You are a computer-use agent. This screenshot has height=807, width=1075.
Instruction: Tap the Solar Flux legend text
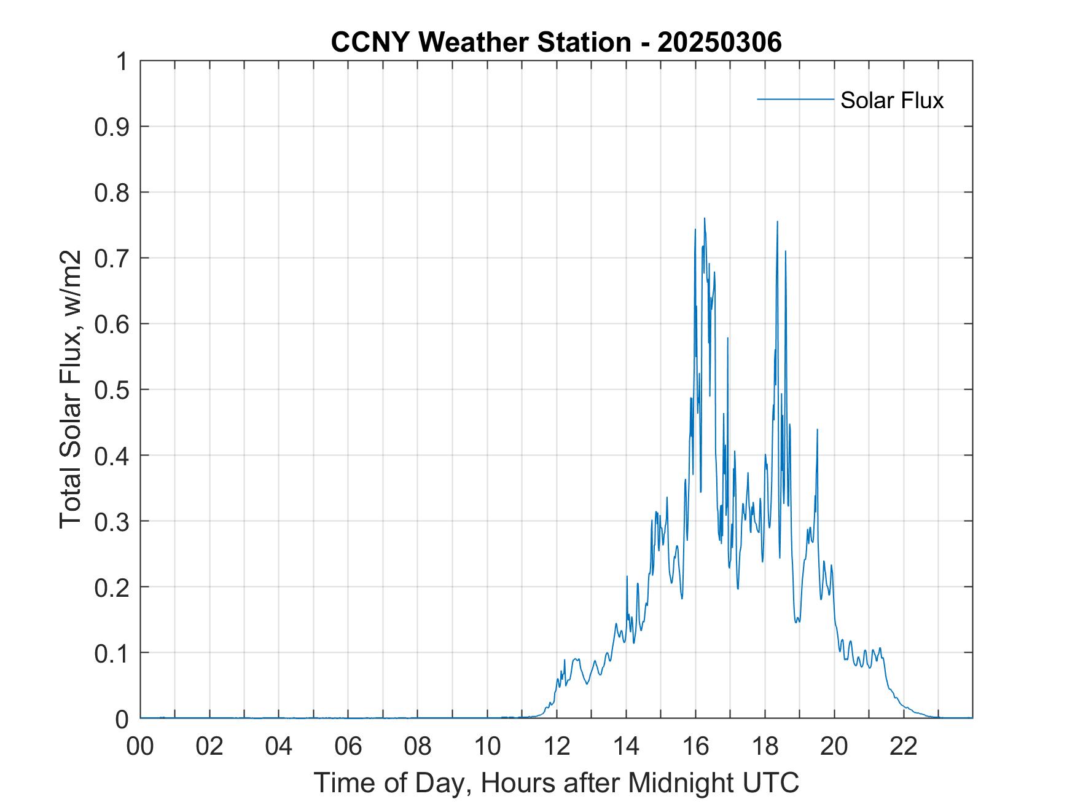click(891, 100)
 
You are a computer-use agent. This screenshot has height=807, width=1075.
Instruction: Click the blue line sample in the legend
click(795, 99)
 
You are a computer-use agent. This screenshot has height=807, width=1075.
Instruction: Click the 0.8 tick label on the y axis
click(113, 192)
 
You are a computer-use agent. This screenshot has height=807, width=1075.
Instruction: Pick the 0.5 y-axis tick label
click(113, 390)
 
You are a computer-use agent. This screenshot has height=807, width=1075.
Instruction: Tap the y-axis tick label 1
click(122, 61)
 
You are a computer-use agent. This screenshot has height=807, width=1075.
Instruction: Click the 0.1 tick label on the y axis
click(113, 653)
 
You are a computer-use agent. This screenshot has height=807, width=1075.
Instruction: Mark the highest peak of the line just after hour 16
click(705, 218)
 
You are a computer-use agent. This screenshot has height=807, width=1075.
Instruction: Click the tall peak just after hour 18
click(777, 222)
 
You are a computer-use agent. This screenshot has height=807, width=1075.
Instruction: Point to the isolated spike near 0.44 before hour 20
click(817, 430)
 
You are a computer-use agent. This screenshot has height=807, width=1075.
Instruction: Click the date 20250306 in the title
click(719, 42)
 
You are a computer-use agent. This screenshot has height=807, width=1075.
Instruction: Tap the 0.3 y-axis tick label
click(113, 521)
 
